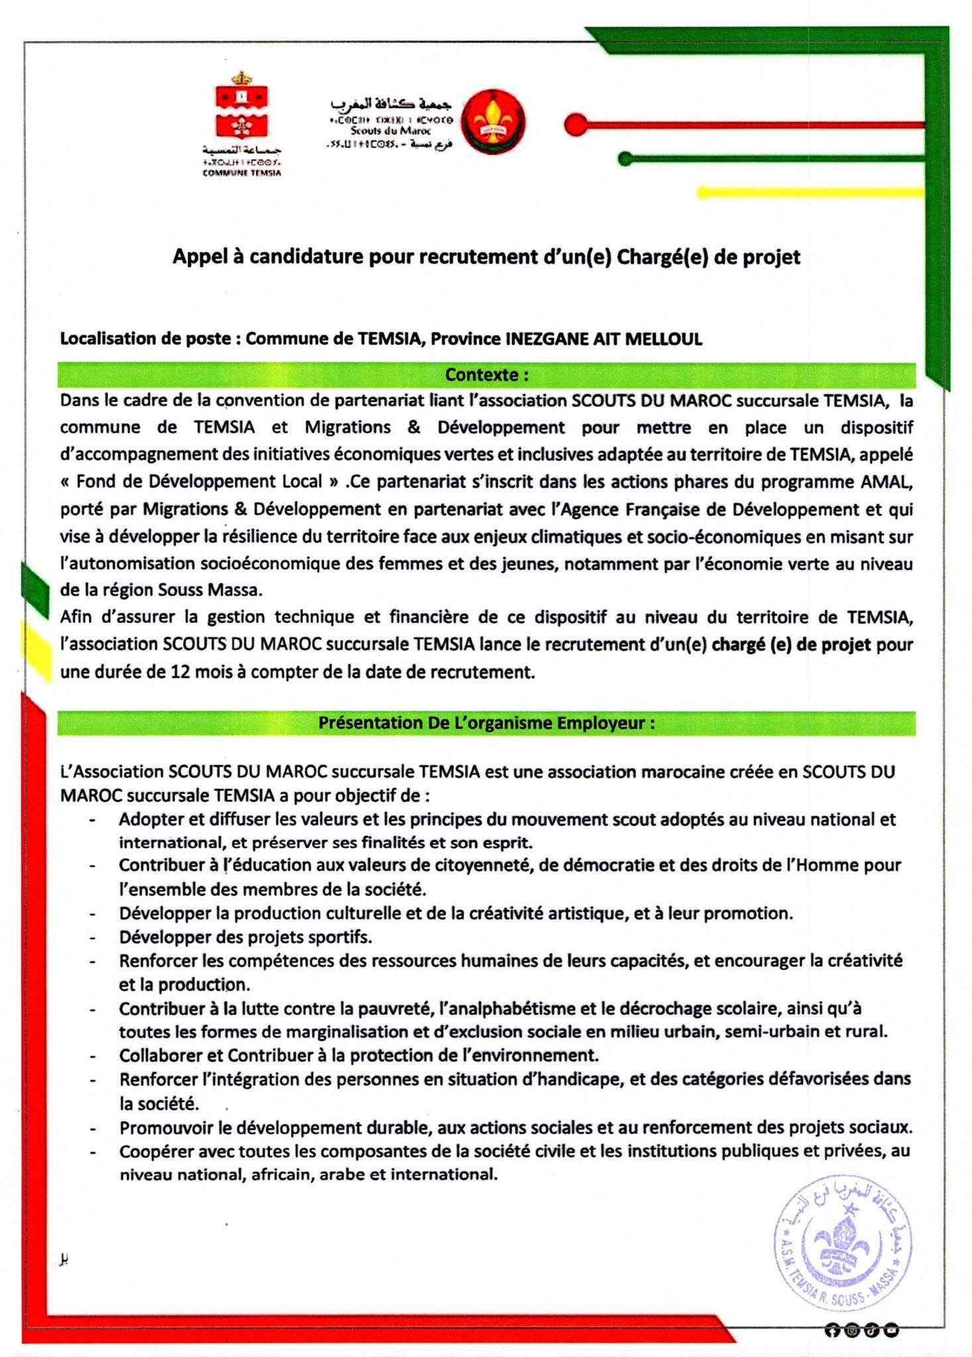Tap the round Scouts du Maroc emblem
click(493, 122)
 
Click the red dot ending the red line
click(576, 124)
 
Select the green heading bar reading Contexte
click(486, 375)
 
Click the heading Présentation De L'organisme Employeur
click(486, 723)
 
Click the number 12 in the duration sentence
click(181, 672)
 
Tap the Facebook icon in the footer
click(831, 1329)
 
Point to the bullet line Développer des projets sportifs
click(245, 937)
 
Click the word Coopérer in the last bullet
click(154, 1152)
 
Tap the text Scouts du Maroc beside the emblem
click(391, 131)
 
